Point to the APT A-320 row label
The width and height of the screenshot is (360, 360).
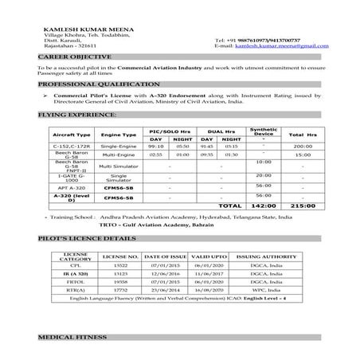click(72, 186)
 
